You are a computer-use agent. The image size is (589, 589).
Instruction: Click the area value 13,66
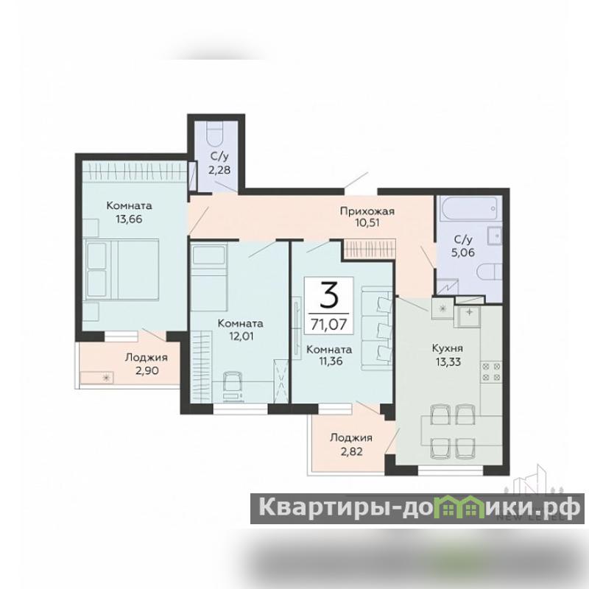pos(129,219)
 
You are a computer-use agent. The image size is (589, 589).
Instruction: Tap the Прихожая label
pos(367,211)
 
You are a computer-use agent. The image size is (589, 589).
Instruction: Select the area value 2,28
pos(219,170)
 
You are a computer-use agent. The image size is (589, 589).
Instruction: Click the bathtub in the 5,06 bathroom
pos(472,208)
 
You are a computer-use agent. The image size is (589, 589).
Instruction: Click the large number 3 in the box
pos(329,295)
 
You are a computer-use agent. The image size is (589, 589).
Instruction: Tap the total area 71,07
pos(328,323)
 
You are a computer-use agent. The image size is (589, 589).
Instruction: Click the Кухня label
pos(448,348)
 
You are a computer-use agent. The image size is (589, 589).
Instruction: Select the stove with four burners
pos(491,372)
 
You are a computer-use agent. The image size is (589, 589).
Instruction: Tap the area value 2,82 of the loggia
pos(352,451)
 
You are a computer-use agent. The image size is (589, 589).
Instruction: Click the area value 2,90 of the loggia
pos(147,371)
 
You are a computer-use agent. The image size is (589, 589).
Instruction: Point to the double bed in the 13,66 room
pos(121,269)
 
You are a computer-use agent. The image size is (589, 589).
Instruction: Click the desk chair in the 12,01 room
pos(233,382)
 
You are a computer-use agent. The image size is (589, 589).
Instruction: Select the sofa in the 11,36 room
pos(376,328)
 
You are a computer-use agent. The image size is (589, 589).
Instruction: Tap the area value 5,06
pos(463,253)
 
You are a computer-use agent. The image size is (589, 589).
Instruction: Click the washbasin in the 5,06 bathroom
pos(495,236)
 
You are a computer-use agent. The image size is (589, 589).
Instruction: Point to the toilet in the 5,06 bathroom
pos(490,272)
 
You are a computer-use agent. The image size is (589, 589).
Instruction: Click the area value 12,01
pos(241,336)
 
